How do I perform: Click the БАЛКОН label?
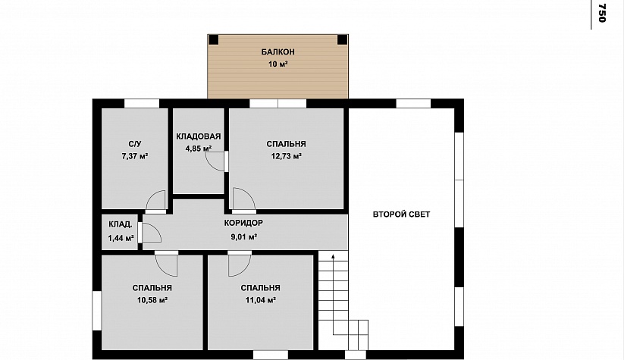278,52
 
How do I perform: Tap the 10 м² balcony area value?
278,64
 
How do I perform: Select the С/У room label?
135,144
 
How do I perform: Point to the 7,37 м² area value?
135,156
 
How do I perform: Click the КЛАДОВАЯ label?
198,136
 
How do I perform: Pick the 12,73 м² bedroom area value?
286,156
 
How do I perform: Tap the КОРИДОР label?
243,223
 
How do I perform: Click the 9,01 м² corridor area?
243,237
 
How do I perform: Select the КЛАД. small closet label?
121,224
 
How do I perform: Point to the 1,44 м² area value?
121,238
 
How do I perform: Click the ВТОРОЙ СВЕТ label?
402,214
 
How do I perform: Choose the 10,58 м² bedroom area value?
152,300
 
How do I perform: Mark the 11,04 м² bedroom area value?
261,300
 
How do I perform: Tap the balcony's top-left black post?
214,39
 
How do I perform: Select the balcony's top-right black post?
342,39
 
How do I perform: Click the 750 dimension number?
602,13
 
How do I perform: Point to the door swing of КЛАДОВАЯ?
215,161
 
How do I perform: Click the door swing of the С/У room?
155,201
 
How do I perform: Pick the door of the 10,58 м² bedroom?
166,263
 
